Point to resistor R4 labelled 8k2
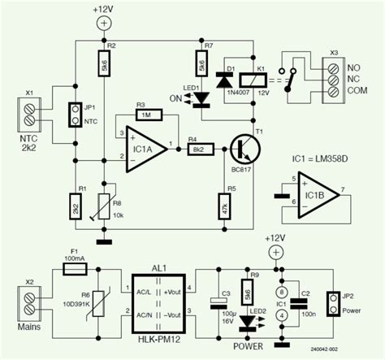(x=199, y=149)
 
